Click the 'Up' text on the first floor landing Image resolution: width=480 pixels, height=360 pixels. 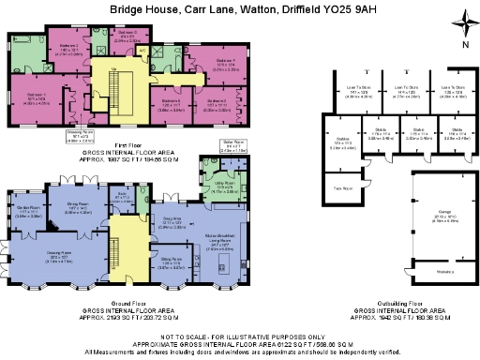click(x=113, y=68)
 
